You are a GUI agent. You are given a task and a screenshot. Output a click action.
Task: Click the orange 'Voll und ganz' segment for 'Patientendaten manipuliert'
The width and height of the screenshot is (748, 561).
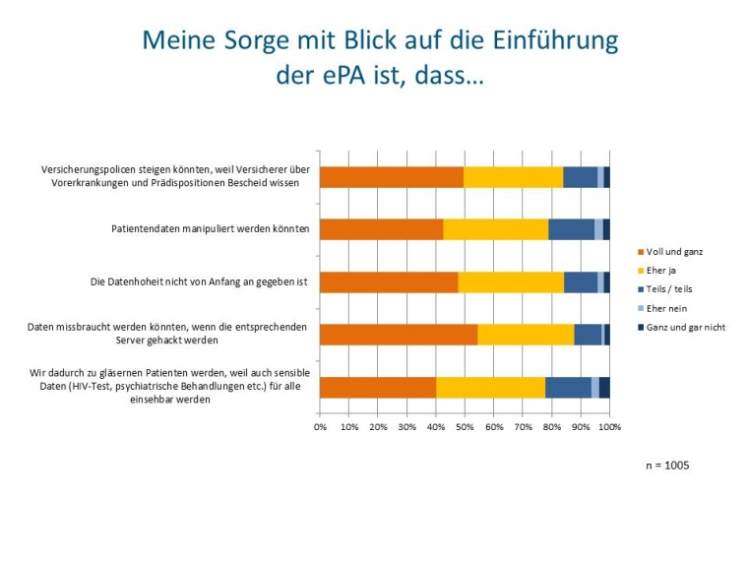(x=381, y=228)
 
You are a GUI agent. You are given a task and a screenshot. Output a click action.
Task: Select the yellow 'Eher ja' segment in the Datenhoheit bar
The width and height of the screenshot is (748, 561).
(x=511, y=281)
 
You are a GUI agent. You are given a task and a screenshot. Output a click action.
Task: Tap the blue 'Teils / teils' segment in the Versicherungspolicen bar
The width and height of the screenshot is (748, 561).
(x=580, y=176)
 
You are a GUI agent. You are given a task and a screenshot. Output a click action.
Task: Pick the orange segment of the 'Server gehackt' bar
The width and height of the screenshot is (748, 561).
(x=399, y=334)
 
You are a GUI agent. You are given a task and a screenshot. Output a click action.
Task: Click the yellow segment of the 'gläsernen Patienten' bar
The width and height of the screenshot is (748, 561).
(x=490, y=387)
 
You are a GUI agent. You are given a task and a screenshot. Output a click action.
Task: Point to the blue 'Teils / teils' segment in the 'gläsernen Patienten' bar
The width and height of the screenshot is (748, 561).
(x=568, y=387)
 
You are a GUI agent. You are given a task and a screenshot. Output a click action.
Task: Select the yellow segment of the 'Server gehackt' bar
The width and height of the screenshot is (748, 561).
(x=526, y=334)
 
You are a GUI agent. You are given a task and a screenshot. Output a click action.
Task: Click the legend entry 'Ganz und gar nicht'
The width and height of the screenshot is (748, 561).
(x=684, y=327)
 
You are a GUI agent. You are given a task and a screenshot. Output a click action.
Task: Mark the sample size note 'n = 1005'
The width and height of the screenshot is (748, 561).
(x=667, y=466)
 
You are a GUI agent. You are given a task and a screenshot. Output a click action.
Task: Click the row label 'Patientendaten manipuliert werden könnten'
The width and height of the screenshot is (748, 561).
(x=210, y=228)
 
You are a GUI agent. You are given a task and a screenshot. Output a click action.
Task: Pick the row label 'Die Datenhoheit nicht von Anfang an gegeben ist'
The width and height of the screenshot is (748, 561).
(x=199, y=281)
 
